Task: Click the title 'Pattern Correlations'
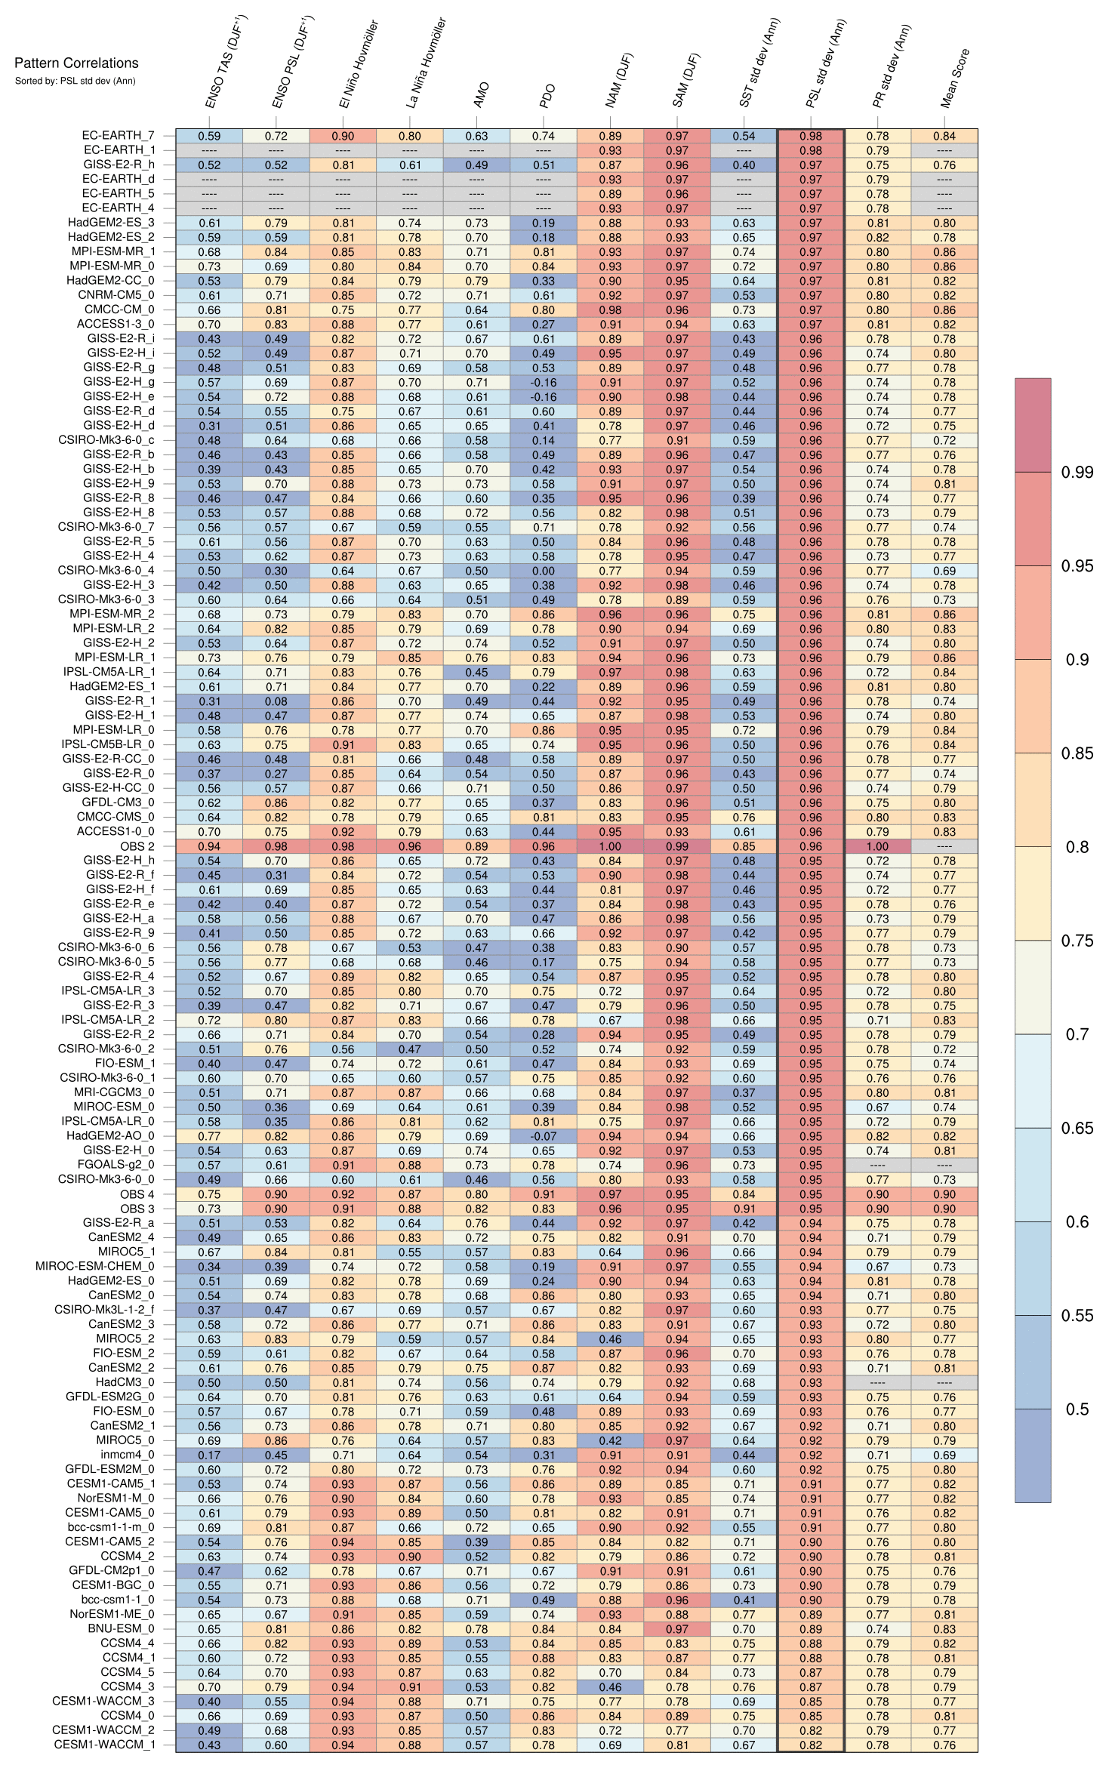point(76,63)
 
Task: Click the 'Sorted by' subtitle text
point(75,81)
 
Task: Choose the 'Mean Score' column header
point(955,79)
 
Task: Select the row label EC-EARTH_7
point(118,136)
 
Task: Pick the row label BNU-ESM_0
point(121,1629)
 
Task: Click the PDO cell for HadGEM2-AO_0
point(544,1136)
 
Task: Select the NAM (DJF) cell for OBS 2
point(610,846)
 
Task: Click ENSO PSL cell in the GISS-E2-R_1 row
point(276,701)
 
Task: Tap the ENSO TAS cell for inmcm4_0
point(209,1455)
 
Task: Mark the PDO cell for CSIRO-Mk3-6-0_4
point(544,571)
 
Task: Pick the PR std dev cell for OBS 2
point(877,846)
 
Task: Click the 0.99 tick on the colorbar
point(1077,473)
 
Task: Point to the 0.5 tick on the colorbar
point(1077,1409)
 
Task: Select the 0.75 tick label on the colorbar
point(1077,941)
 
